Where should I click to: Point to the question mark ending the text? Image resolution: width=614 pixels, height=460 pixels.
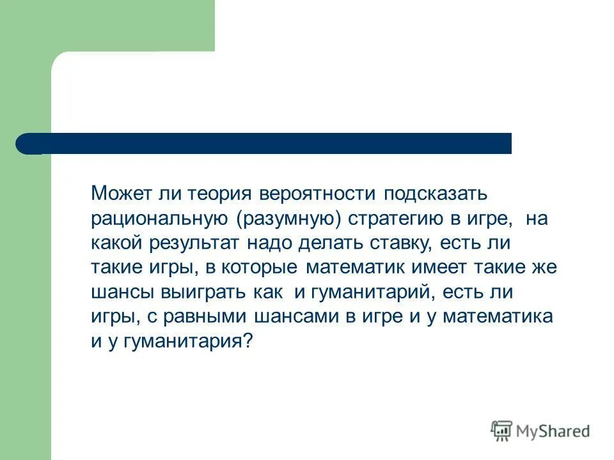[x=249, y=341]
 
